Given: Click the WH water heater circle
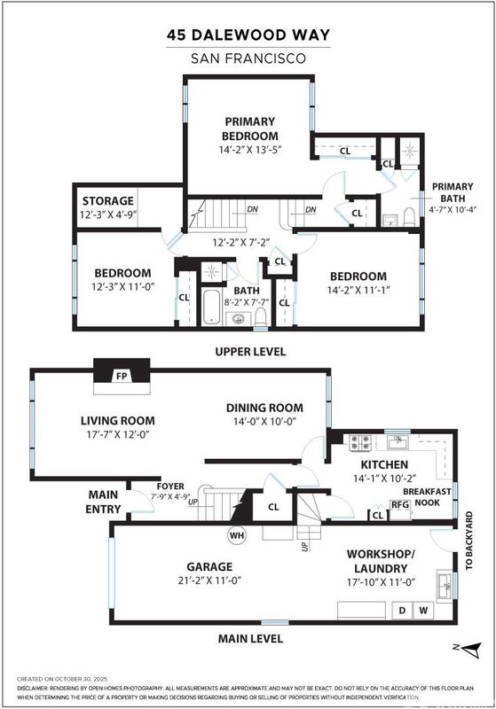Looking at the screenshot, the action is pyautogui.click(x=237, y=535).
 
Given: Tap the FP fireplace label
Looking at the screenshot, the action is pyautogui.click(x=122, y=376).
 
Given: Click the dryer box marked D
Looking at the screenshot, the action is pyautogui.click(x=402, y=611).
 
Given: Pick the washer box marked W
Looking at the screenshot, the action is pyautogui.click(x=423, y=611).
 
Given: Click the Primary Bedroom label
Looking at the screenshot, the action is pyautogui.click(x=249, y=129).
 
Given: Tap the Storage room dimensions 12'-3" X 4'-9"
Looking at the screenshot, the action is pyautogui.click(x=108, y=214).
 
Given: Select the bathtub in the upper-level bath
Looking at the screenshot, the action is pyautogui.click(x=211, y=307).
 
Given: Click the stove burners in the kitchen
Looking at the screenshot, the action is pyautogui.click(x=360, y=442).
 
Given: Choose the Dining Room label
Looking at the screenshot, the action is pyautogui.click(x=264, y=408).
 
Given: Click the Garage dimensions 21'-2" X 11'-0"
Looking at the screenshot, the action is pyautogui.click(x=209, y=580).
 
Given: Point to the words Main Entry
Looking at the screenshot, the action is pyautogui.click(x=103, y=502).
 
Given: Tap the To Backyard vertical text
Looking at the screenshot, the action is pyautogui.click(x=468, y=541).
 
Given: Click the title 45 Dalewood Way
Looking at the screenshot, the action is pyautogui.click(x=248, y=35).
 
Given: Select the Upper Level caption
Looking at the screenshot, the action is pyautogui.click(x=250, y=351).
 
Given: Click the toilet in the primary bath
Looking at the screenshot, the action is pyautogui.click(x=409, y=217).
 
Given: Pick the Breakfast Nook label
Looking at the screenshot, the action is pyautogui.click(x=427, y=497).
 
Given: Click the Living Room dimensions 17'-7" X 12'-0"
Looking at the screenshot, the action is pyautogui.click(x=118, y=434).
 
